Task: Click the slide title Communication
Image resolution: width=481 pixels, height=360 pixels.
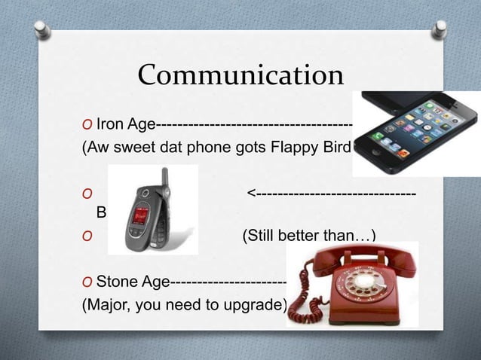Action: coord(240,76)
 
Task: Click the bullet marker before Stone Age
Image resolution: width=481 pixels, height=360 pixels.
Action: coord(87,282)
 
